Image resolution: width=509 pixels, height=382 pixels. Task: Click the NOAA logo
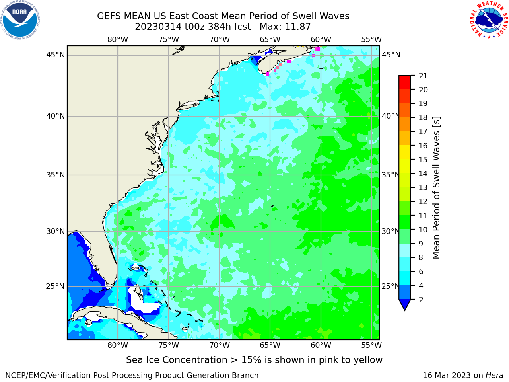coord(20,20)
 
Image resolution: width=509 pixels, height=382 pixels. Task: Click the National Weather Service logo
coord(489,20)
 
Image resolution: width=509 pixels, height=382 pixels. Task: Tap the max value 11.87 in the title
coord(297,27)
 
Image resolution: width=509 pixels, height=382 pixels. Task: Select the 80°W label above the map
coord(118,40)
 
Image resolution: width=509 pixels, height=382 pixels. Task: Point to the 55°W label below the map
coord(371,345)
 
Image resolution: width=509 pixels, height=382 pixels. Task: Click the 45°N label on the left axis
coord(55,55)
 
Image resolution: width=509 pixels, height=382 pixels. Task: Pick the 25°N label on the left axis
coord(55,286)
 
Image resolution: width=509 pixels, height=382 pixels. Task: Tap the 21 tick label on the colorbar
coord(423,76)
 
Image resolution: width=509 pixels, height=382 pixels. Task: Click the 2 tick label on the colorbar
coord(421,300)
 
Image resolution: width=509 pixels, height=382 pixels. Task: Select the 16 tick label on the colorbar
coord(423,146)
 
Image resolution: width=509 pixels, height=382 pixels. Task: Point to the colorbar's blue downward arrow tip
coord(405,310)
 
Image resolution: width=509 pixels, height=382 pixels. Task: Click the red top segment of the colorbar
coord(405,82)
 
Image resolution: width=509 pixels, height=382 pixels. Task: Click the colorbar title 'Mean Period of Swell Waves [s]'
coord(436,188)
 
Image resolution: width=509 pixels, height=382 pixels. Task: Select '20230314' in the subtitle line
coord(158,27)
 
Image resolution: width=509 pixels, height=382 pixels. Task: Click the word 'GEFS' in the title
coord(109,16)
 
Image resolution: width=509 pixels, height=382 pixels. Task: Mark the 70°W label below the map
coord(220,345)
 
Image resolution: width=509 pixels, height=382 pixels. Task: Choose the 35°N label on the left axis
coord(55,175)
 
